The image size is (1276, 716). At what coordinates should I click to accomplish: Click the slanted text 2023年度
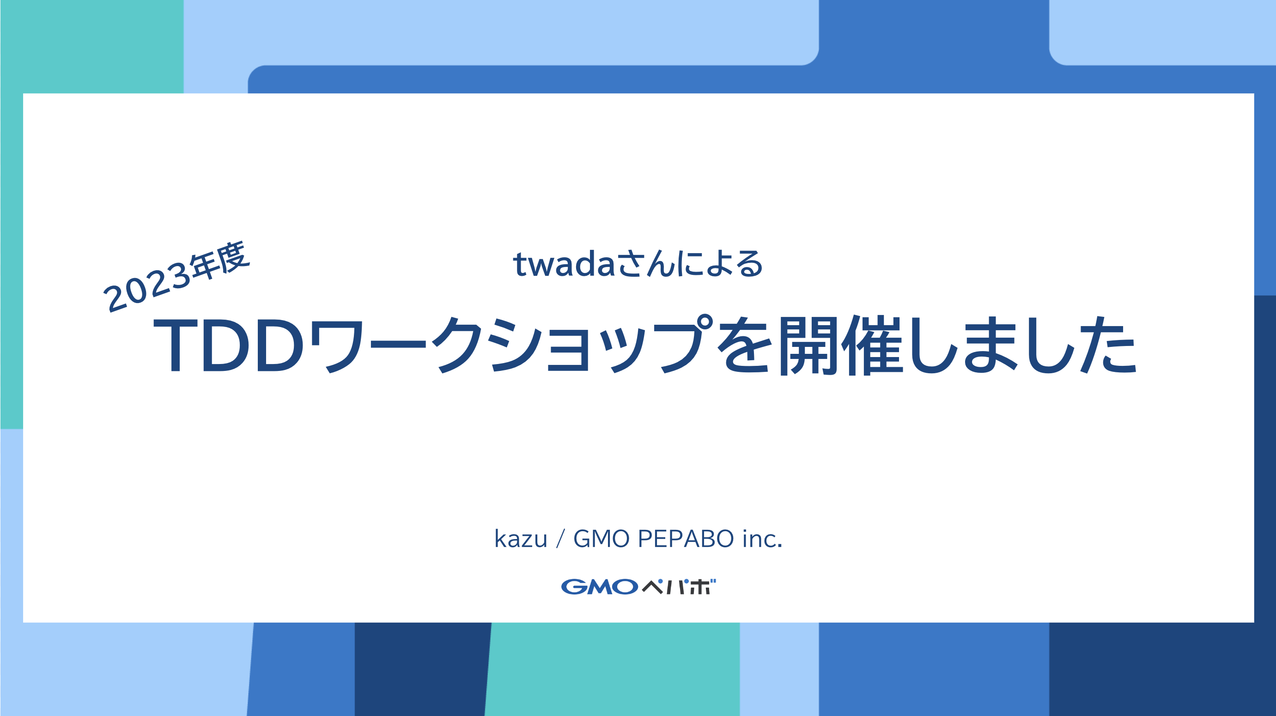click(x=176, y=277)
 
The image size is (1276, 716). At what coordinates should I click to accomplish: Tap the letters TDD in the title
click(x=228, y=345)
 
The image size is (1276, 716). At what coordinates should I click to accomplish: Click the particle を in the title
click(x=746, y=345)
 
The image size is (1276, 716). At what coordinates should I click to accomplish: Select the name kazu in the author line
click(x=521, y=539)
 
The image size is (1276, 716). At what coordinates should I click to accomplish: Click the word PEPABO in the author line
click(x=686, y=539)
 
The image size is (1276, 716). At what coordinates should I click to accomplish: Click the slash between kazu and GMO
click(x=560, y=539)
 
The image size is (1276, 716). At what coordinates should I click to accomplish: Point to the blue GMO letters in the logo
click(x=599, y=587)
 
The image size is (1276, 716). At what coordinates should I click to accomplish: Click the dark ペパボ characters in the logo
click(x=679, y=587)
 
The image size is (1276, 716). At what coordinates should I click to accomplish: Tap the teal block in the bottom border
click(x=612, y=668)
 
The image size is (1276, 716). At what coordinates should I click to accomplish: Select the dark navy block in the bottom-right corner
click(x=1162, y=668)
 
